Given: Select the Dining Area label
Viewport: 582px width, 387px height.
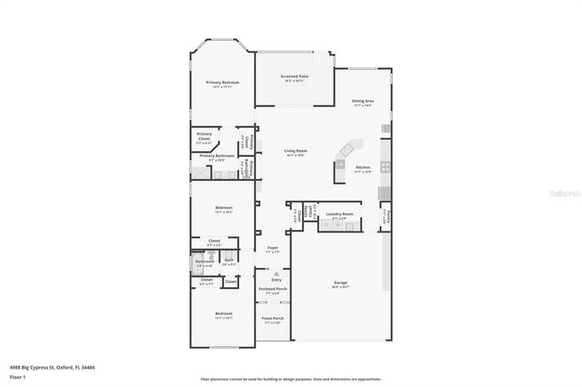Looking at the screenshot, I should pyautogui.click(x=364, y=101).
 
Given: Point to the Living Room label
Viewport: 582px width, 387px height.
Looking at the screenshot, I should pyautogui.click(x=295, y=151).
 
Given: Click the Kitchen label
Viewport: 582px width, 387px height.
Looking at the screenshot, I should pyautogui.click(x=363, y=167).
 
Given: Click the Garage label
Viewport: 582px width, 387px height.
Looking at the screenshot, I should pyautogui.click(x=340, y=283).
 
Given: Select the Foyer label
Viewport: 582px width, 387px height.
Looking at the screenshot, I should pyautogui.click(x=272, y=247).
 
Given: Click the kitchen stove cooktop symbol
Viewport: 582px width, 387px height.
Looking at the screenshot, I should pyautogui.click(x=386, y=167).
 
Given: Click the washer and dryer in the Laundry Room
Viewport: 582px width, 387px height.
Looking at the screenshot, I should pyautogui.click(x=332, y=224).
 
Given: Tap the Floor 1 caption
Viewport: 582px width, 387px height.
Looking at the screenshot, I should pyautogui.click(x=19, y=375).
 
